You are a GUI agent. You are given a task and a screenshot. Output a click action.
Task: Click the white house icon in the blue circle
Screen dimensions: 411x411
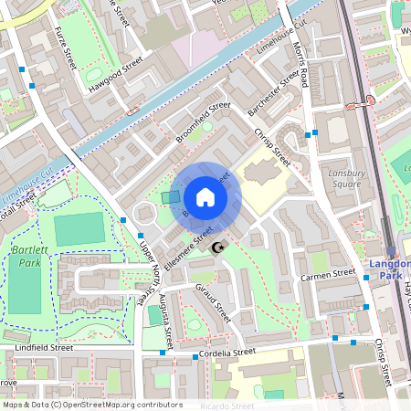point(205,197)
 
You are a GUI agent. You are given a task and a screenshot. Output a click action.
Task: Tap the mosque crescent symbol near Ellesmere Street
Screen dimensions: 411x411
point(217,248)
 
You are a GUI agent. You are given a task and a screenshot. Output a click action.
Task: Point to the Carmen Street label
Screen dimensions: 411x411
point(328,273)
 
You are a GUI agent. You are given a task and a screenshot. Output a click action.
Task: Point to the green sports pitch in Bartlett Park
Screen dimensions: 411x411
point(79,229)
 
